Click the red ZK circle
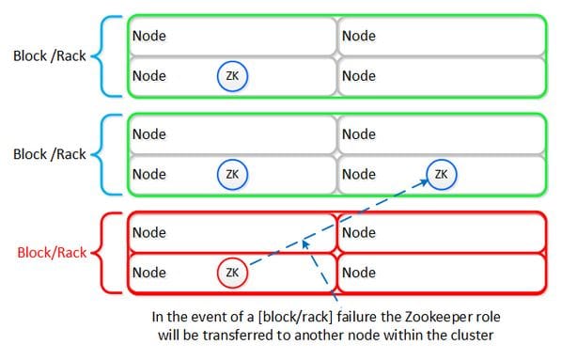point(232,274)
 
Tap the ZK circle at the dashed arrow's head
point(442,174)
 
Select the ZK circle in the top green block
point(232,75)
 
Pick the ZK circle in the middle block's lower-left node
point(232,174)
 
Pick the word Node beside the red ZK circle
point(148,274)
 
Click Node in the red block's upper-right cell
point(358,233)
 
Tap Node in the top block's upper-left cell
point(148,36)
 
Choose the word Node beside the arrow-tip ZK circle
point(358,174)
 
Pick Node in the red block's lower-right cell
point(358,274)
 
